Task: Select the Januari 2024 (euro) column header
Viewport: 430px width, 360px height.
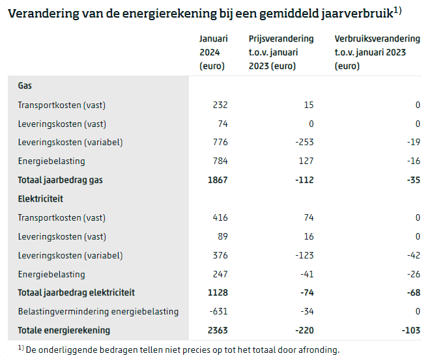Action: pyautogui.click(x=213, y=53)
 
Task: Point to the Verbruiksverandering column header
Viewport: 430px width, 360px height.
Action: pyautogui.click(x=370, y=53)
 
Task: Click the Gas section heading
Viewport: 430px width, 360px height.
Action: pyautogui.click(x=25, y=86)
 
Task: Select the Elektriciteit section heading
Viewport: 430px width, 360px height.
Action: pyautogui.click(x=40, y=199)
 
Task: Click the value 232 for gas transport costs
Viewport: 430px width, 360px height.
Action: pyautogui.click(x=220, y=105)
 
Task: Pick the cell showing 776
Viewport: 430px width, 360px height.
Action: pyautogui.click(x=220, y=143)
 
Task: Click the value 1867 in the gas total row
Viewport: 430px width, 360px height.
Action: pyautogui.click(x=218, y=180)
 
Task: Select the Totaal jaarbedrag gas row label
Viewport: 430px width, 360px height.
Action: pyautogui.click(x=60, y=180)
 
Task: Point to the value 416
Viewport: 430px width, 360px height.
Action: pyautogui.click(x=220, y=217)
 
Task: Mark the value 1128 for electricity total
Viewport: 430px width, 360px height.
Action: pyautogui.click(x=218, y=292)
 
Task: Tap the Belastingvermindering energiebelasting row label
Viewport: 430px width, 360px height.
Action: pyautogui.click(x=98, y=311)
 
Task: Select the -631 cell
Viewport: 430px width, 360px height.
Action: pyautogui.click(x=218, y=311)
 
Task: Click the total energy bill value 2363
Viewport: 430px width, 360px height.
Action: pyautogui.click(x=218, y=330)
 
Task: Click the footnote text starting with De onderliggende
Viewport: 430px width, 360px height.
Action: pyautogui.click(x=182, y=350)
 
